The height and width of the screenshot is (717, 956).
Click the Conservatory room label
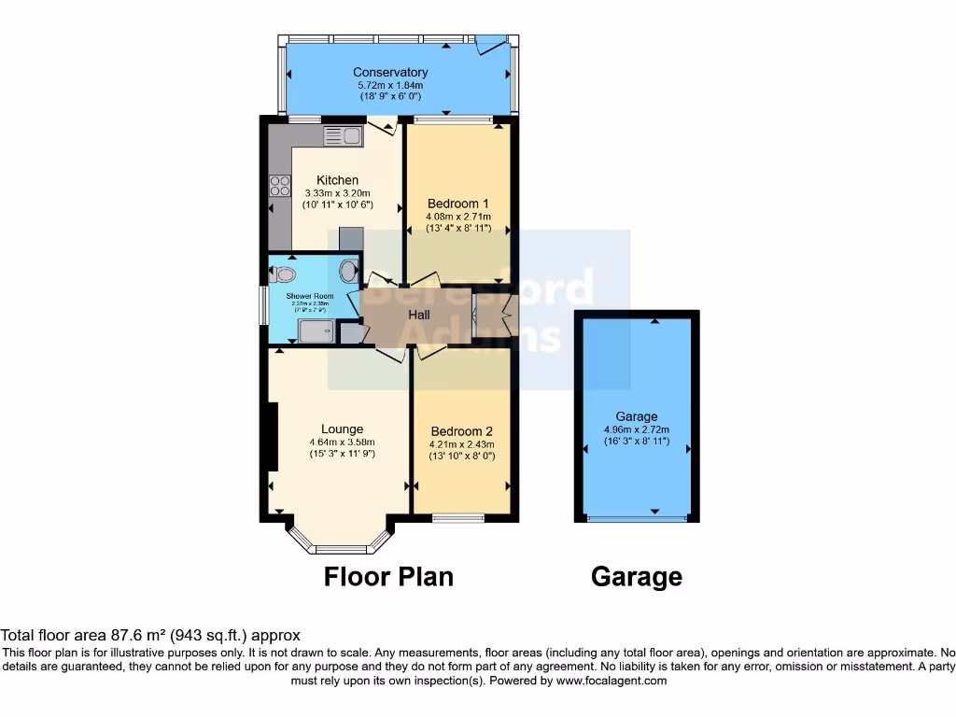tap(390, 72)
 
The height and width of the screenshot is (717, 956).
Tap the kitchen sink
tap(343, 136)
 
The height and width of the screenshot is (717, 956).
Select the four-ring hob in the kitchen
tap(279, 186)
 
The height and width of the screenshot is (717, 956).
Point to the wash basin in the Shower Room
tap(348, 272)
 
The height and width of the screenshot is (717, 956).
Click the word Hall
tap(418, 316)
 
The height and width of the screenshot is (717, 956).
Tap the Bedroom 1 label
tap(457, 204)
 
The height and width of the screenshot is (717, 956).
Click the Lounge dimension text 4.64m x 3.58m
tap(342, 443)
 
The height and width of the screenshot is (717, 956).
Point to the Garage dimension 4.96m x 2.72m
tap(637, 429)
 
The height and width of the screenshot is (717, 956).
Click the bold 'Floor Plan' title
tap(388, 577)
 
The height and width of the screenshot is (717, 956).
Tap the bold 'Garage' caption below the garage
tap(636, 578)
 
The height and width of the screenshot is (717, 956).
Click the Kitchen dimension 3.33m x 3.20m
tap(337, 192)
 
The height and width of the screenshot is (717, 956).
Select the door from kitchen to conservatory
tap(382, 126)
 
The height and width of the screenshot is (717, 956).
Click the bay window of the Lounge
tap(338, 546)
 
